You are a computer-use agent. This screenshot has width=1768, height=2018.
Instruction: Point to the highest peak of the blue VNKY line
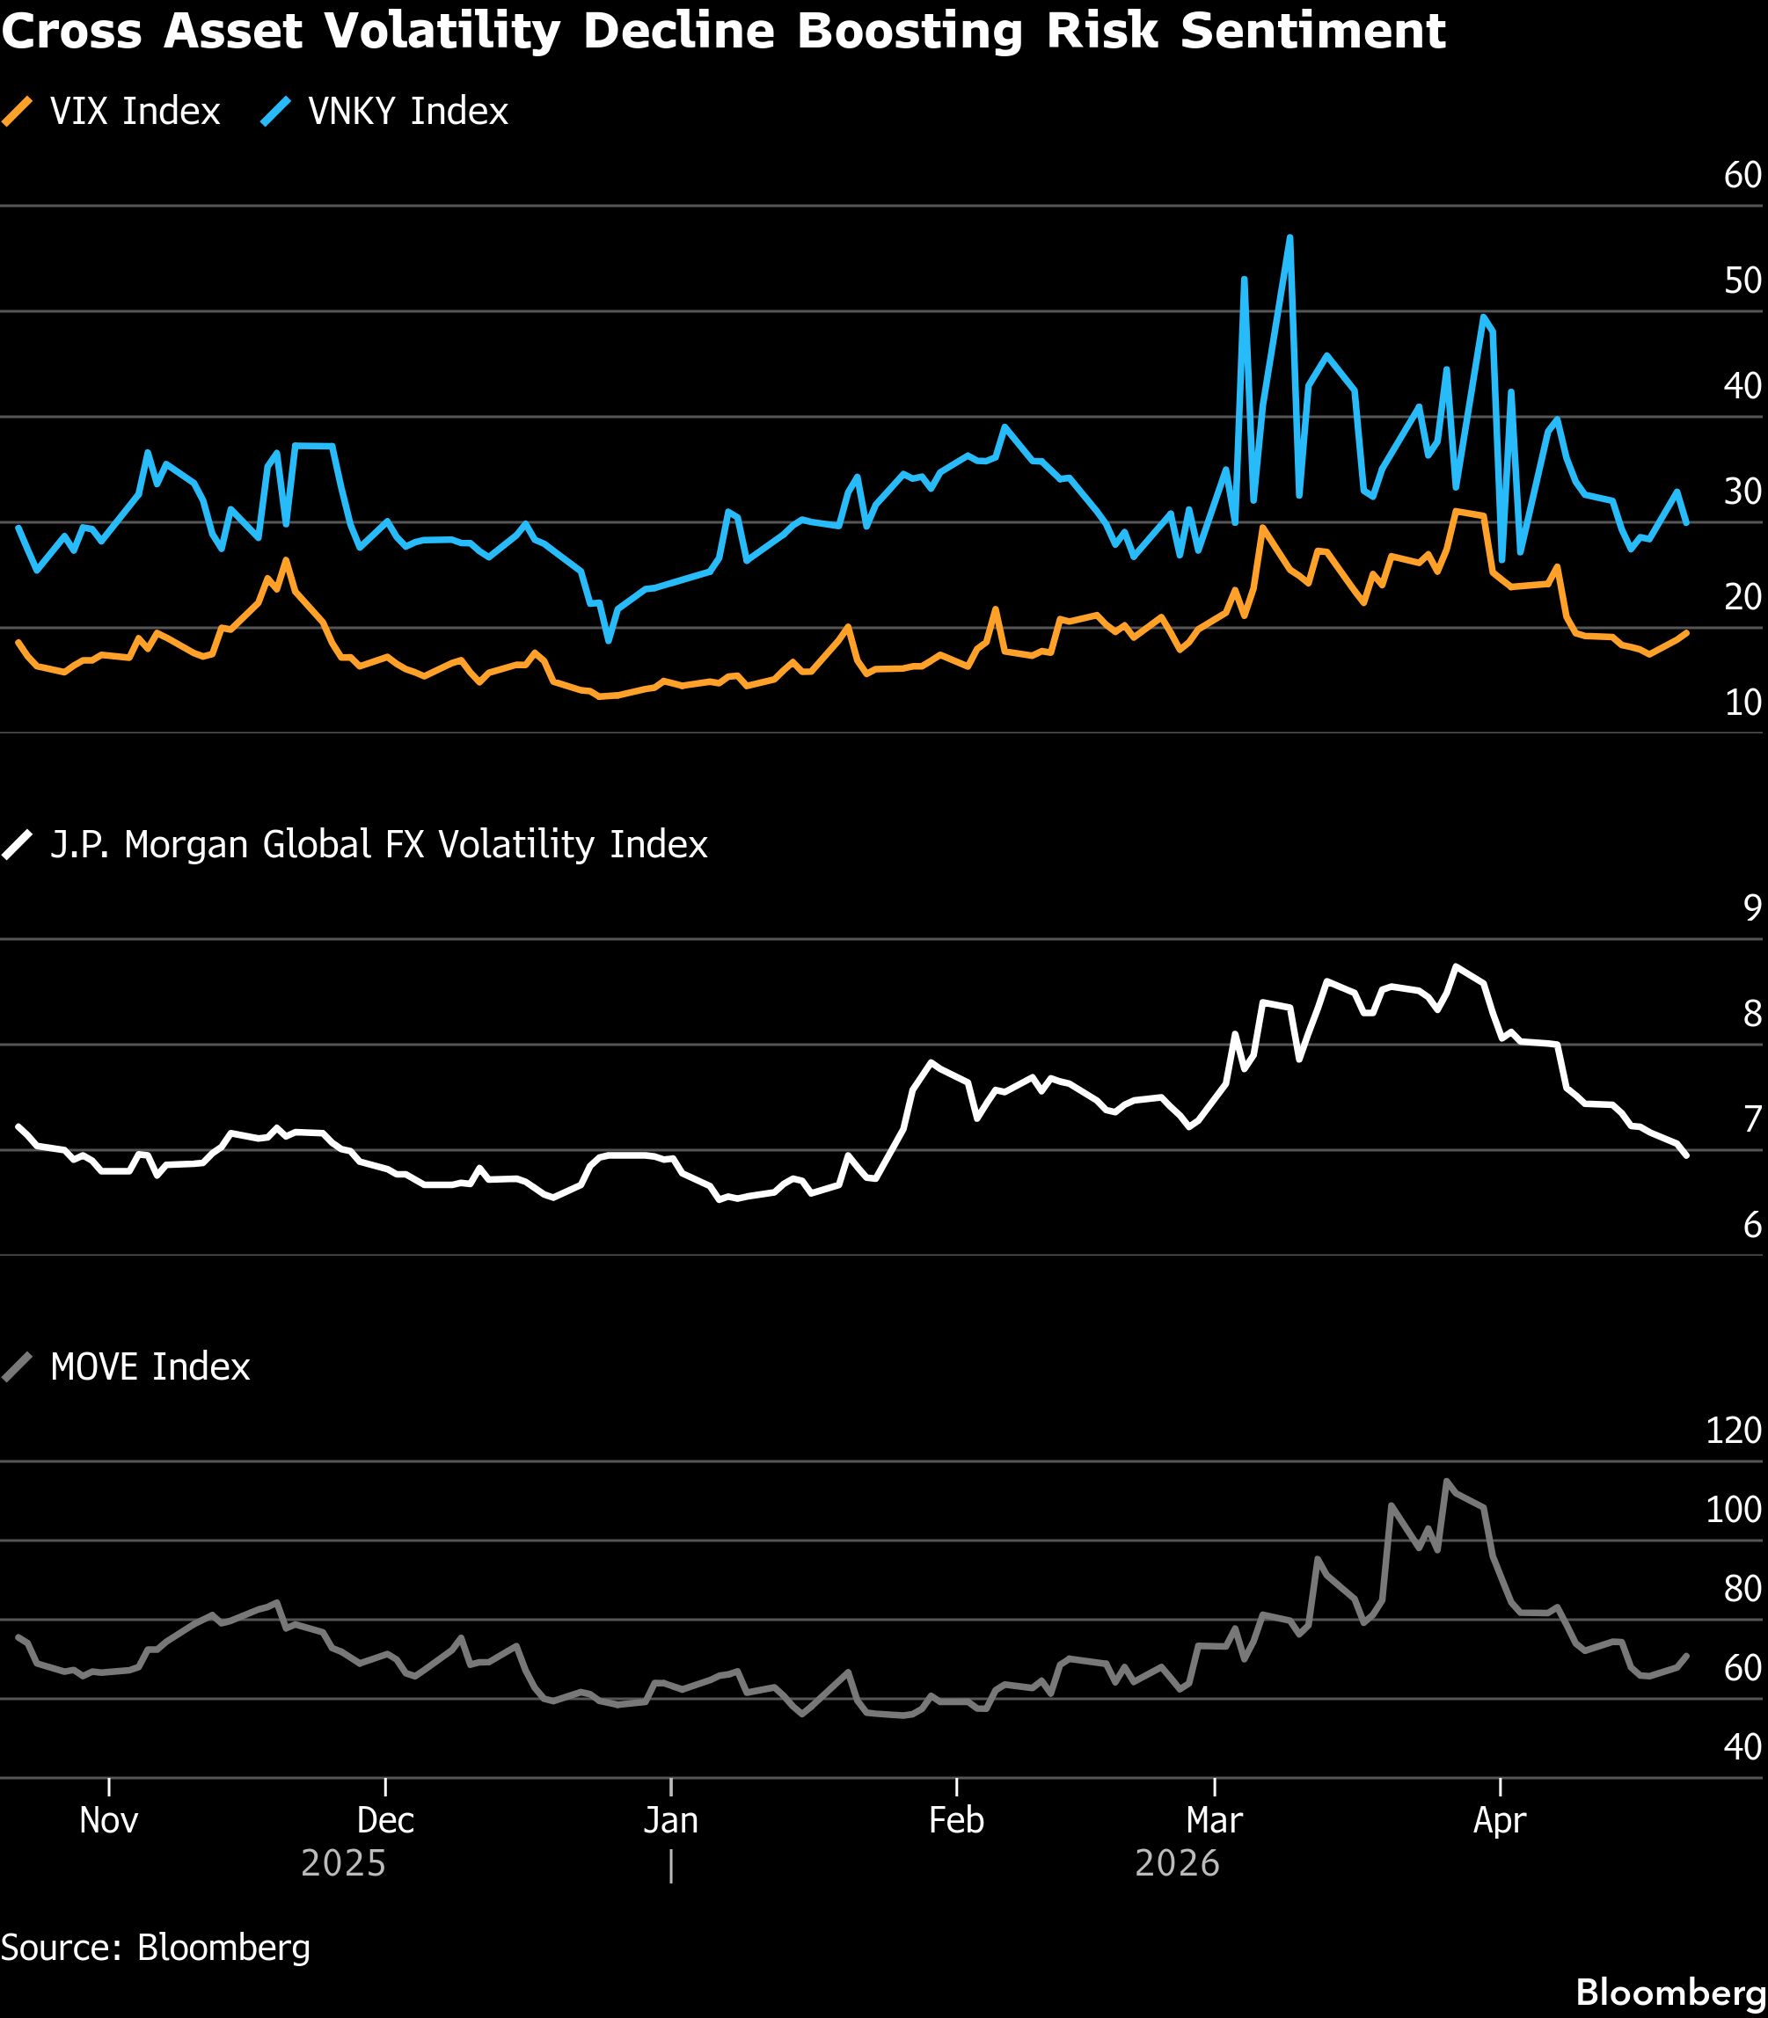pyautogui.click(x=1290, y=237)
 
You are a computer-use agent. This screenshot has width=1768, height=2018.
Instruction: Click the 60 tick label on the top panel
pyautogui.click(x=1742, y=176)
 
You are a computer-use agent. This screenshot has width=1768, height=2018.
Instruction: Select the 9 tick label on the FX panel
pyautogui.click(x=1752, y=908)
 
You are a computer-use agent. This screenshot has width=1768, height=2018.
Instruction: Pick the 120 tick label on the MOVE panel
pyautogui.click(x=1734, y=1430)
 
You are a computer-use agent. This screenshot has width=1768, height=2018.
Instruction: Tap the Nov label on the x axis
pyautogui.click(x=108, y=1820)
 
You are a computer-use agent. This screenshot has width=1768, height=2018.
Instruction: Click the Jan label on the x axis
pyautogui.click(x=671, y=1820)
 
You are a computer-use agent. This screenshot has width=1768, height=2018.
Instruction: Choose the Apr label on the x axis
pyautogui.click(x=1500, y=1820)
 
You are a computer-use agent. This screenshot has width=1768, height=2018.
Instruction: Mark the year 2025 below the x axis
pyautogui.click(x=343, y=1863)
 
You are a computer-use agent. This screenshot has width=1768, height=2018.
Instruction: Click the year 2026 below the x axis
pyautogui.click(x=1177, y=1863)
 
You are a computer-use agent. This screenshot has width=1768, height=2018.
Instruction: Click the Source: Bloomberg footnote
pyautogui.click(x=156, y=1947)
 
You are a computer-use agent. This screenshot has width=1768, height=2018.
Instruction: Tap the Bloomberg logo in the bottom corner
pyautogui.click(x=1670, y=1993)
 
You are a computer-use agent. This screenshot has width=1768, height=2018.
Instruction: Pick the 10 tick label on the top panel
pyautogui.click(x=1742, y=703)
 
